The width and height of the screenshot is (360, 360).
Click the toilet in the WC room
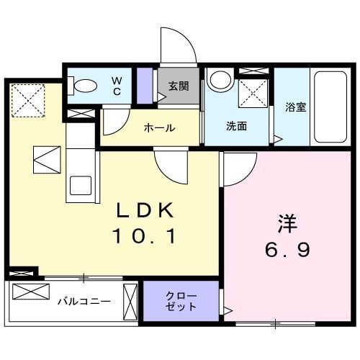click(84, 85)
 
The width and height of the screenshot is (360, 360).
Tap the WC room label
click(116, 86)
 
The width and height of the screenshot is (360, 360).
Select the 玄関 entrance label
click(179, 86)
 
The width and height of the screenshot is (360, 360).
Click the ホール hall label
click(159, 127)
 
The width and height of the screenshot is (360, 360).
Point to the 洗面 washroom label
click(237, 126)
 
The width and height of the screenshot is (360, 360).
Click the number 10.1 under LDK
click(144, 235)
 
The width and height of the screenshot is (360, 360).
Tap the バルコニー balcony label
click(84, 300)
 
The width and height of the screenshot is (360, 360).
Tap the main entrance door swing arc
click(177, 45)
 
